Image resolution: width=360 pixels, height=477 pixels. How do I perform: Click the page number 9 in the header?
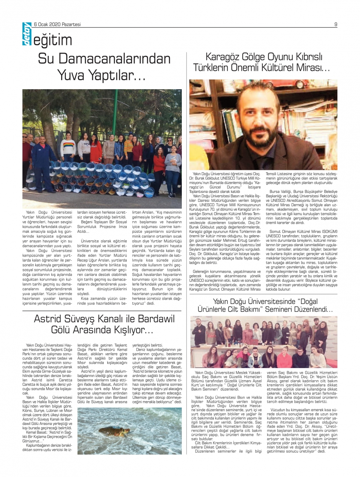coord(336,24)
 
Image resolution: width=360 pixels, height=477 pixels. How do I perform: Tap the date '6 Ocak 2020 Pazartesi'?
coord(57,24)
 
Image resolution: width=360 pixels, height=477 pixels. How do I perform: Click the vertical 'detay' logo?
coord(27,35)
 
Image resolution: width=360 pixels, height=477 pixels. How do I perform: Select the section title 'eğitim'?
coord(53,40)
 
